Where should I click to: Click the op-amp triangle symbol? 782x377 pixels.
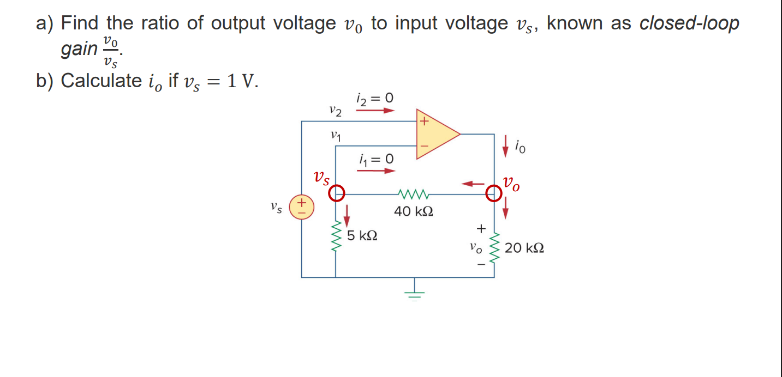(435, 134)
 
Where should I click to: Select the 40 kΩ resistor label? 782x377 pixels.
(414, 211)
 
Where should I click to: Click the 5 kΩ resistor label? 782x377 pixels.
(362, 236)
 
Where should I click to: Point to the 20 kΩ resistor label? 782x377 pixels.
(524, 248)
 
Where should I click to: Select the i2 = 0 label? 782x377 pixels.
(374, 99)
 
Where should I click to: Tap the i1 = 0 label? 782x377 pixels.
(376, 159)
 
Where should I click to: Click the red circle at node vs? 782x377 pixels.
(337, 192)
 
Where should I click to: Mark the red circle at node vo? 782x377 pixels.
(494, 193)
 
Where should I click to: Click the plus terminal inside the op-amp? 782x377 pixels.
(423, 122)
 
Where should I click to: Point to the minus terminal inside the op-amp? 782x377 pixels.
(423, 146)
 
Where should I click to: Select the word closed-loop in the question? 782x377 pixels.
(689, 23)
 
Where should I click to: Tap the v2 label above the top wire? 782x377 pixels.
(336, 112)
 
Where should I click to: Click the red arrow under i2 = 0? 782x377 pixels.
(375, 111)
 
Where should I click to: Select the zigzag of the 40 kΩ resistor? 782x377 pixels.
(414, 193)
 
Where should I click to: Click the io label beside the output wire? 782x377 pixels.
(521, 147)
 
